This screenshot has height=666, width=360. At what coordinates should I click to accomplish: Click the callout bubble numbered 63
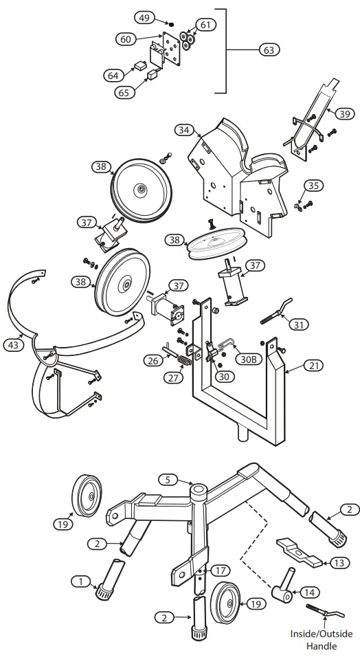(270, 49)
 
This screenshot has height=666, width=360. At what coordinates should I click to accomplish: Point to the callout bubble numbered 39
(344, 113)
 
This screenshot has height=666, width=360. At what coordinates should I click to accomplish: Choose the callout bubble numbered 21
(313, 366)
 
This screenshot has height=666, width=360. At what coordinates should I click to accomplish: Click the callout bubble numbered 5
(168, 479)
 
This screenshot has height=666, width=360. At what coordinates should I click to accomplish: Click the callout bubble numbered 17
(220, 570)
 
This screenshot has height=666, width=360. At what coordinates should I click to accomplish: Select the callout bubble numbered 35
(313, 185)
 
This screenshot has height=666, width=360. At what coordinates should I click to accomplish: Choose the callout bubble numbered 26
(153, 359)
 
